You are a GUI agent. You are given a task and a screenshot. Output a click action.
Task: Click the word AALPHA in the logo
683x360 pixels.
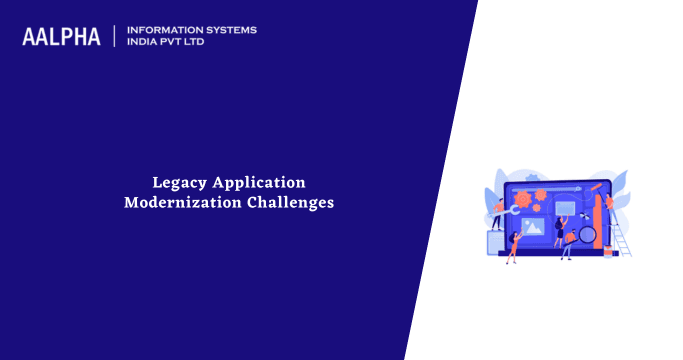point(61,37)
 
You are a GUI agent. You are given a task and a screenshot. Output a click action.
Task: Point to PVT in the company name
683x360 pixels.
point(177,43)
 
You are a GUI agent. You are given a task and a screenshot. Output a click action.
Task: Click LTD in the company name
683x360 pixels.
point(203,43)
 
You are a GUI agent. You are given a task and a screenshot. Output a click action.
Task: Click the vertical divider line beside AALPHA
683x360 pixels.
point(115,36)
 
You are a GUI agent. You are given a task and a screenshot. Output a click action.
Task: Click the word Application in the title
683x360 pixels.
point(255,182)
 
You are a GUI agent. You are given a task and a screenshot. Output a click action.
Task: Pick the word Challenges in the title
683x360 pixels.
point(291,203)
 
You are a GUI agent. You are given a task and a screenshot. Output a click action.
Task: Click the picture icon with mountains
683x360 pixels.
point(533,227)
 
